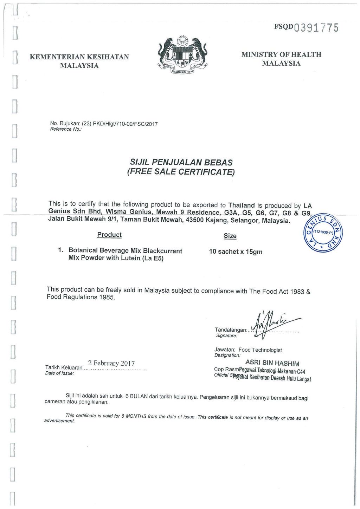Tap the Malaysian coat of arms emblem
[x=182, y=56]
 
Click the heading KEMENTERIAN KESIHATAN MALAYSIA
[x=79, y=61]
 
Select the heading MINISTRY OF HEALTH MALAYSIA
[x=281, y=59]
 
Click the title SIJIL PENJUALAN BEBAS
[x=181, y=163]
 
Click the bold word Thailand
[x=242, y=205]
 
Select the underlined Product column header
[x=109, y=235]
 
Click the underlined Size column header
[x=230, y=236]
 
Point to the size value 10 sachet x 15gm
[x=236, y=252]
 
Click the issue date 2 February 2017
[x=111, y=363]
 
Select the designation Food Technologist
[x=260, y=350]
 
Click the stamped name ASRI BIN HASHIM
[x=272, y=363]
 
